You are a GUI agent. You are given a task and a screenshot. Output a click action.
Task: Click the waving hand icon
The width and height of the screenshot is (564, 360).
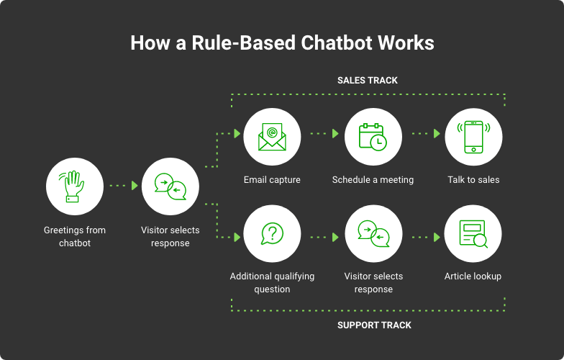coord(72,186)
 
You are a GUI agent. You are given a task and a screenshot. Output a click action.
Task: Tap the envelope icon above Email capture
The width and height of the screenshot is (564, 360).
coord(272,137)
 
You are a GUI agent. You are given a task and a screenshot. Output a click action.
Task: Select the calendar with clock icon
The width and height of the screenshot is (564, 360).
coord(373,137)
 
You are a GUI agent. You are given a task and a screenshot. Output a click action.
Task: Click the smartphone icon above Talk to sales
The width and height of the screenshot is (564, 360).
coord(473,137)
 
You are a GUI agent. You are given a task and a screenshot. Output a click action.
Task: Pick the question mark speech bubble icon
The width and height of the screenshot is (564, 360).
coord(272,233)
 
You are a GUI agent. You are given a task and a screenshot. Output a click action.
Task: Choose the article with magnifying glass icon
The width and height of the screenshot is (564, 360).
coord(473,234)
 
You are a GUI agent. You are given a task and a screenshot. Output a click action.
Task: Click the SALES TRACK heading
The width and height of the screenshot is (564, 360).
coord(367,81)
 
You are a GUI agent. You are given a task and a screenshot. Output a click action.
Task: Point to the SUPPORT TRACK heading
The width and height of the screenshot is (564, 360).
coord(374,325)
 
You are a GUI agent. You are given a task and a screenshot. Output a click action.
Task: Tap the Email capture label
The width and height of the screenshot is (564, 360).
coord(272,180)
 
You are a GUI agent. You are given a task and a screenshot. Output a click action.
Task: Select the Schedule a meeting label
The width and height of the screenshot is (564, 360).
coord(373,180)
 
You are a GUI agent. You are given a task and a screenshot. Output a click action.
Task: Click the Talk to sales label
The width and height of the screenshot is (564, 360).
coord(473,180)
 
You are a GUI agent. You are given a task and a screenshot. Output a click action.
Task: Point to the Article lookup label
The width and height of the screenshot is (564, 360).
coord(473,276)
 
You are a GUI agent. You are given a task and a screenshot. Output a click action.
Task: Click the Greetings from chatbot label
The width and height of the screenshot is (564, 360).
coord(75,236)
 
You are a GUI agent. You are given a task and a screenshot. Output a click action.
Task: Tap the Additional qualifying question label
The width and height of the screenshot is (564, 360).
coord(272,282)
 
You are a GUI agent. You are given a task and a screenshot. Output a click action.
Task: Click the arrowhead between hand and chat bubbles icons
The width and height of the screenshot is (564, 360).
coord(135,186)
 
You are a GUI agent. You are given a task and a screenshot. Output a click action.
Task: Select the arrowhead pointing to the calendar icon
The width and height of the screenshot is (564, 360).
coord(335,134)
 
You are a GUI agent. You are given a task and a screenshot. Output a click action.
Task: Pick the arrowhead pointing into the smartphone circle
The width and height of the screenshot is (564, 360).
coord(437,134)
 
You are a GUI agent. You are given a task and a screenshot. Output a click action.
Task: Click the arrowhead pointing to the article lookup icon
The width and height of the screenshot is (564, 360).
coord(437,238)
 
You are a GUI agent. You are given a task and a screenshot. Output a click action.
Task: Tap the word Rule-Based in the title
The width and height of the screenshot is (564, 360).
coord(243,43)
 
